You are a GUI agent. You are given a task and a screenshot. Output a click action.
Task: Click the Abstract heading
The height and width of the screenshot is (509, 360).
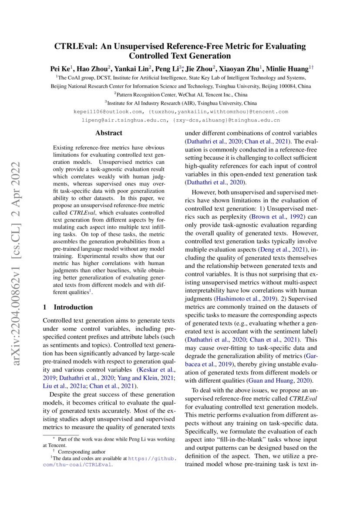[x=109, y=133]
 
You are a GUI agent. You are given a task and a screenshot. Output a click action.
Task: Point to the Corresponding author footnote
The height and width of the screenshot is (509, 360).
[x=81, y=452]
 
